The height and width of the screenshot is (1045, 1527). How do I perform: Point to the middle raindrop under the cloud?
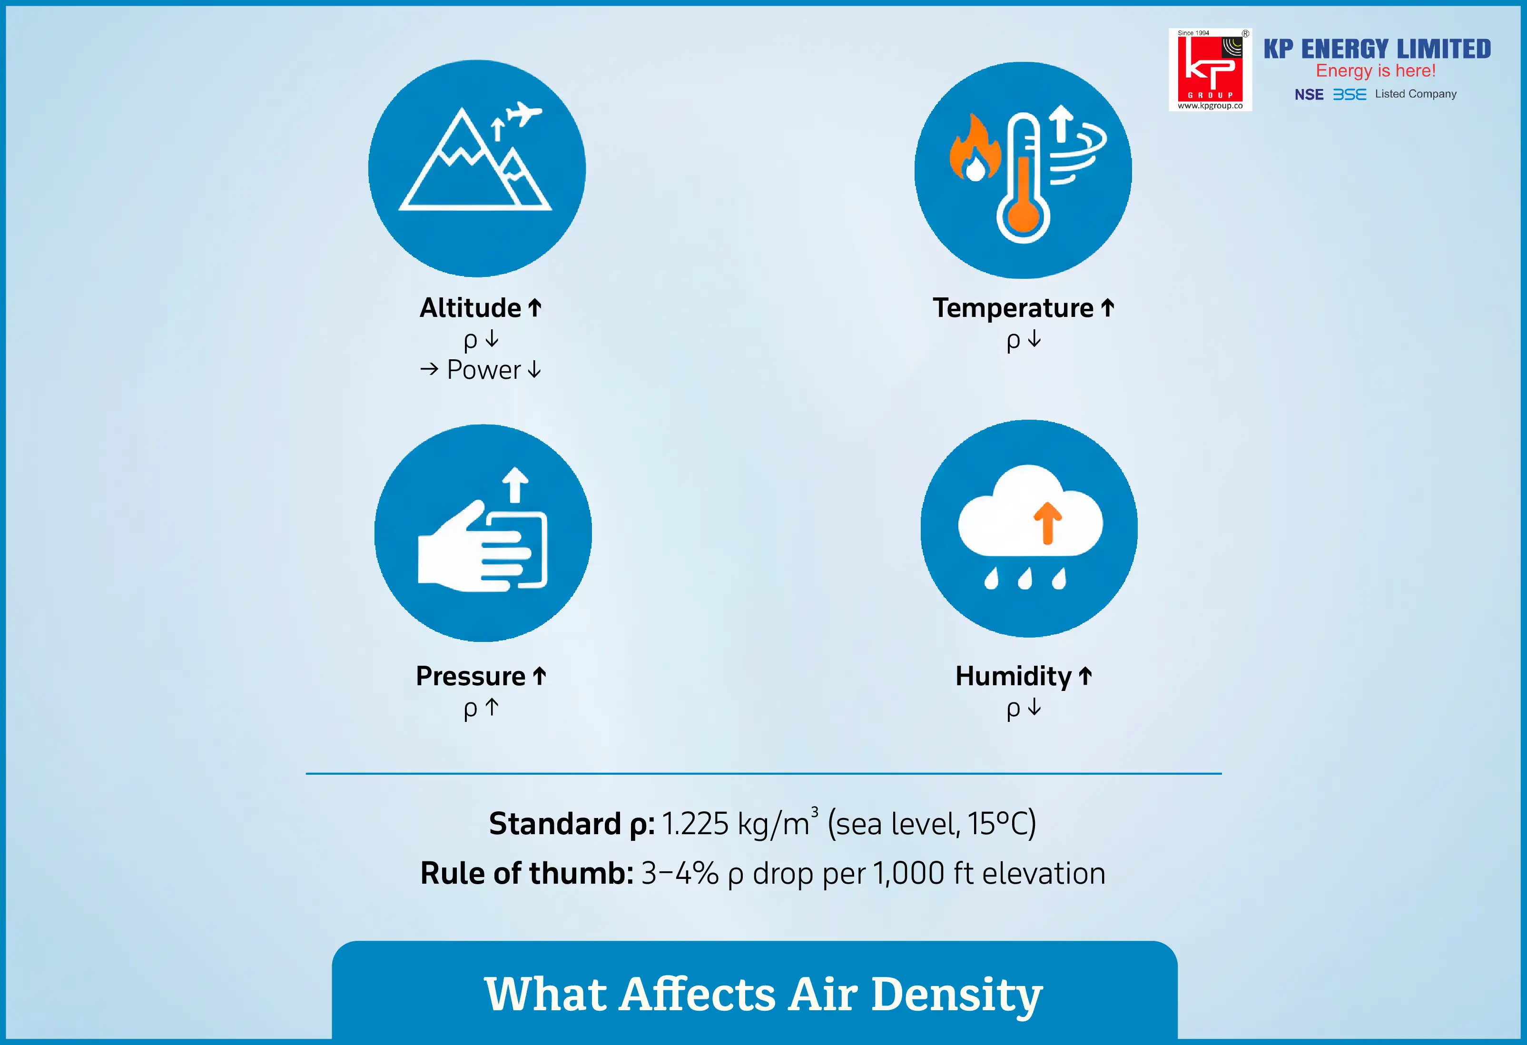[x=1025, y=578]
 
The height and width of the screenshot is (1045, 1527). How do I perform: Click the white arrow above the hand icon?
[x=515, y=485]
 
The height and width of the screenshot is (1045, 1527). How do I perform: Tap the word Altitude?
[x=471, y=307]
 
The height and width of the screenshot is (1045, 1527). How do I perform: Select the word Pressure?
[x=471, y=676]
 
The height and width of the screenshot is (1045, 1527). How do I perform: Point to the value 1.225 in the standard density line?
[x=695, y=824]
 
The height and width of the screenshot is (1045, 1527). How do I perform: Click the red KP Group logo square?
[x=1210, y=69]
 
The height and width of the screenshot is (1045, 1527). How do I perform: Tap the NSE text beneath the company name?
[x=1309, y=95]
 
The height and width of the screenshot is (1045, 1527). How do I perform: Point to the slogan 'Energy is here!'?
[x=1375, y=71]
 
